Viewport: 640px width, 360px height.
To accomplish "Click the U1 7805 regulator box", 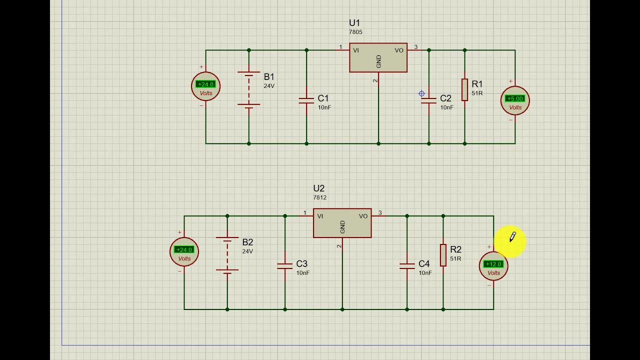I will pos(378,57).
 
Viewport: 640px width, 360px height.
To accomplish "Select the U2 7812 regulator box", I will pos(342,223).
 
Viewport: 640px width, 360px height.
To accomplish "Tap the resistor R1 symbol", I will pos(464,89).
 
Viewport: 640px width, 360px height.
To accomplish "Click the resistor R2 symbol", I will pos(443,255).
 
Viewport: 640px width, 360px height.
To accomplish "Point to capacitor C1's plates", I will pos(306,100).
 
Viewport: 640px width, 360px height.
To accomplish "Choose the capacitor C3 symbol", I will pos(285,265).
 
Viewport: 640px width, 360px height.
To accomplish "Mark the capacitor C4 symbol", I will pos(407,265).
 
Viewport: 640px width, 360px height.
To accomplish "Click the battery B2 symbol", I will pos(227,255).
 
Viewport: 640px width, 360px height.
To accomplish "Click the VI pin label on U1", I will pos(356,50).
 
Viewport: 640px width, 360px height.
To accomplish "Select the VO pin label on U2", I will pos(363,216).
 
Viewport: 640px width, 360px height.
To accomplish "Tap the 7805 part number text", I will pos(355,32).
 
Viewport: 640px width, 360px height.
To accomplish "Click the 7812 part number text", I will pos(319,197).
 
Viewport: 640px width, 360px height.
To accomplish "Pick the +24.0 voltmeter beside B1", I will pos(205,86).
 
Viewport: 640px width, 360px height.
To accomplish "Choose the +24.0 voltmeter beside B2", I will pos(184,251).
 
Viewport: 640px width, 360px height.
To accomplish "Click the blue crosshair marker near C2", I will pos(421,93).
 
